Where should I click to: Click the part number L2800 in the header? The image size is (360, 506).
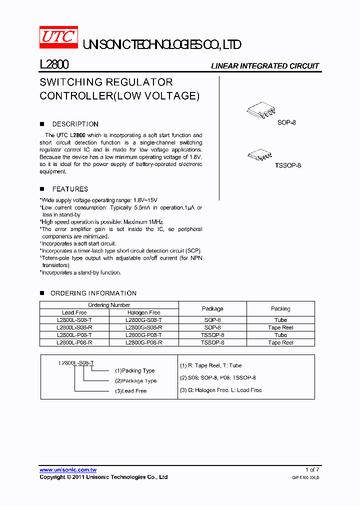point(54,65)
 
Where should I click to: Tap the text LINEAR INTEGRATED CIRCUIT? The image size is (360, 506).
point(264,66)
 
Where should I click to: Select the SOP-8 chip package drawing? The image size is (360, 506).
point(260,111)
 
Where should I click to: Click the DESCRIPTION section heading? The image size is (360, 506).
point(75,124)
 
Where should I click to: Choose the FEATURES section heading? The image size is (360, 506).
point(70,189)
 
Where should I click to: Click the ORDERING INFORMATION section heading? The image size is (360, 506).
point(93,293)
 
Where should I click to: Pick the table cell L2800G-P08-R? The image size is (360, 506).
point(144,343)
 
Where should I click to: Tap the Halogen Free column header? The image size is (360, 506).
point(144,312)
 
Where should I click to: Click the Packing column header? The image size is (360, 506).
point(280,308)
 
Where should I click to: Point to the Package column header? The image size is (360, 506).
point(212,308)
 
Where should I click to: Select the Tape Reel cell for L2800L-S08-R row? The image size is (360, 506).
point(280,327)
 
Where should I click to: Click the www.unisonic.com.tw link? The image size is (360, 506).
point(68,470)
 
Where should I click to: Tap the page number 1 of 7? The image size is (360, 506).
point(312,470)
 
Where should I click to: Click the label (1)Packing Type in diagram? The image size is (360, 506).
point(135,371)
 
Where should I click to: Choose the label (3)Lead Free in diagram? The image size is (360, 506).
point(131,391)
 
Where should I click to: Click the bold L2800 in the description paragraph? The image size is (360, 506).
point(77,135)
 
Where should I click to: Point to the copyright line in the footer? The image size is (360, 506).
point(103,477)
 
